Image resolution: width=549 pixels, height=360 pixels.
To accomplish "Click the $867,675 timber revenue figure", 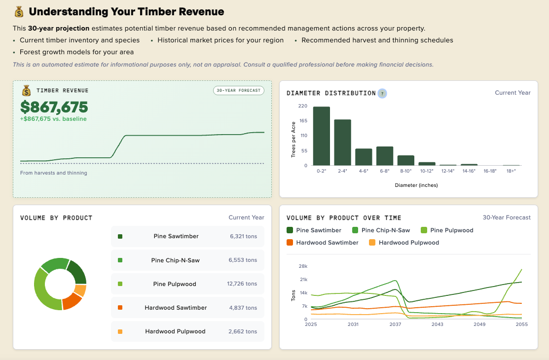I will (54, 107).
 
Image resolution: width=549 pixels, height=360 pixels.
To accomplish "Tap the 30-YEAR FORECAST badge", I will (239, 90).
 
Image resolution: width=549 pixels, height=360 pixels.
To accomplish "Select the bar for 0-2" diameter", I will (321, 136).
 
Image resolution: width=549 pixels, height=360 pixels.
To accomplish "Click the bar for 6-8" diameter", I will (385, 156).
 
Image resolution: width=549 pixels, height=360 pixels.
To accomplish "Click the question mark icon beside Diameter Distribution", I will (382, 93).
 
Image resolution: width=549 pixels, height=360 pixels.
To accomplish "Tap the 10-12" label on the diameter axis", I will (427, 171).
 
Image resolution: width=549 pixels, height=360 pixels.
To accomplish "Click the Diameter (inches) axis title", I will (416, 185).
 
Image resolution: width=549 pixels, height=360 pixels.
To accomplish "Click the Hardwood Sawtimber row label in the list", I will (176, 308).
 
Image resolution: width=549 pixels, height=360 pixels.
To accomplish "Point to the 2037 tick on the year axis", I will (395, 324).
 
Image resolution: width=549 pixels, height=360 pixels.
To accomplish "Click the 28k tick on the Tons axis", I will (303, 266).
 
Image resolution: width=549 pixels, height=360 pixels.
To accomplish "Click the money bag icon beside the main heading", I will (19, 12).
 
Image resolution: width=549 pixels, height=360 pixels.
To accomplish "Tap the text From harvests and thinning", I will (53, 173).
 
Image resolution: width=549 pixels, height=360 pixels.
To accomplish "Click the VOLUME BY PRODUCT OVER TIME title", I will (344, 217).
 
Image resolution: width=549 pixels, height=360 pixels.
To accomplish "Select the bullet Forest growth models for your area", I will (76, 52).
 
